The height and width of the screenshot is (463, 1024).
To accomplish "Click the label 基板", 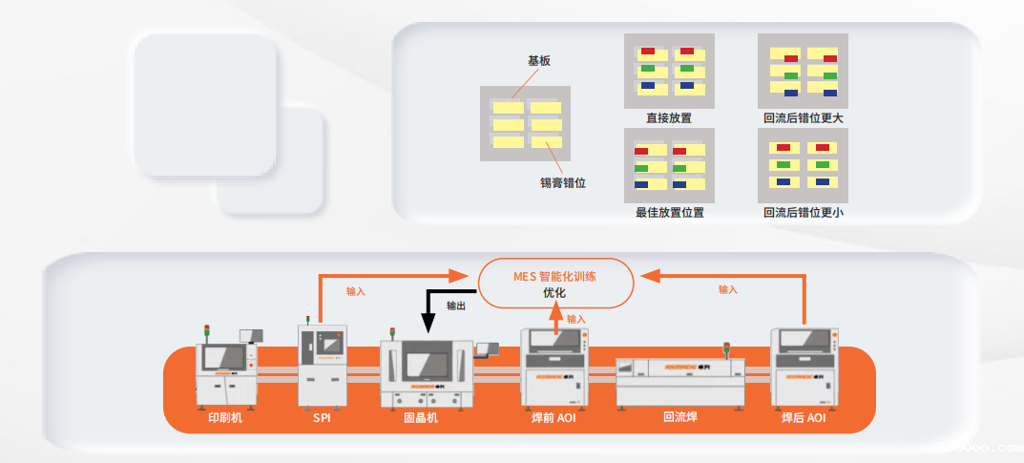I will pos(539,60).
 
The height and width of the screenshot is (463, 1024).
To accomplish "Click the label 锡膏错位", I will pos(561,181).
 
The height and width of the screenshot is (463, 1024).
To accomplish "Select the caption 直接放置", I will pos(668,118).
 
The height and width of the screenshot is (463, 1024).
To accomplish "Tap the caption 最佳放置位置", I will pos(669,212).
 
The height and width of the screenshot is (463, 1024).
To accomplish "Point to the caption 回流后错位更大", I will pos(803,118).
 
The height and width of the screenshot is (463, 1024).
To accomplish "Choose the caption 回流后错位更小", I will pos(803,212).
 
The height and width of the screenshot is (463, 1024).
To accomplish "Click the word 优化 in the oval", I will pos(554,293).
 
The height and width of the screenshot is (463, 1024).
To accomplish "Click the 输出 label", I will pos(456,305).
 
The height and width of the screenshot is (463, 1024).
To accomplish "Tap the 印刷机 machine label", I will pos(225,417).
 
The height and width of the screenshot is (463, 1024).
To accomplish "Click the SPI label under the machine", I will pos(322,417).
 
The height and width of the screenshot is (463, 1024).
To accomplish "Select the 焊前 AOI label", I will pos(554,417).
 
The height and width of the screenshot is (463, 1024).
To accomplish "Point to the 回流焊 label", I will pos(679,417).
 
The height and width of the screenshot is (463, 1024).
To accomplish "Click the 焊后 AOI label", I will pos(804,417).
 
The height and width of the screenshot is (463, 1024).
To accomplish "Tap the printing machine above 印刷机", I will pos(227,368).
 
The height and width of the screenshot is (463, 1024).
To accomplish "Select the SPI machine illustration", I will pos(323,363).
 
